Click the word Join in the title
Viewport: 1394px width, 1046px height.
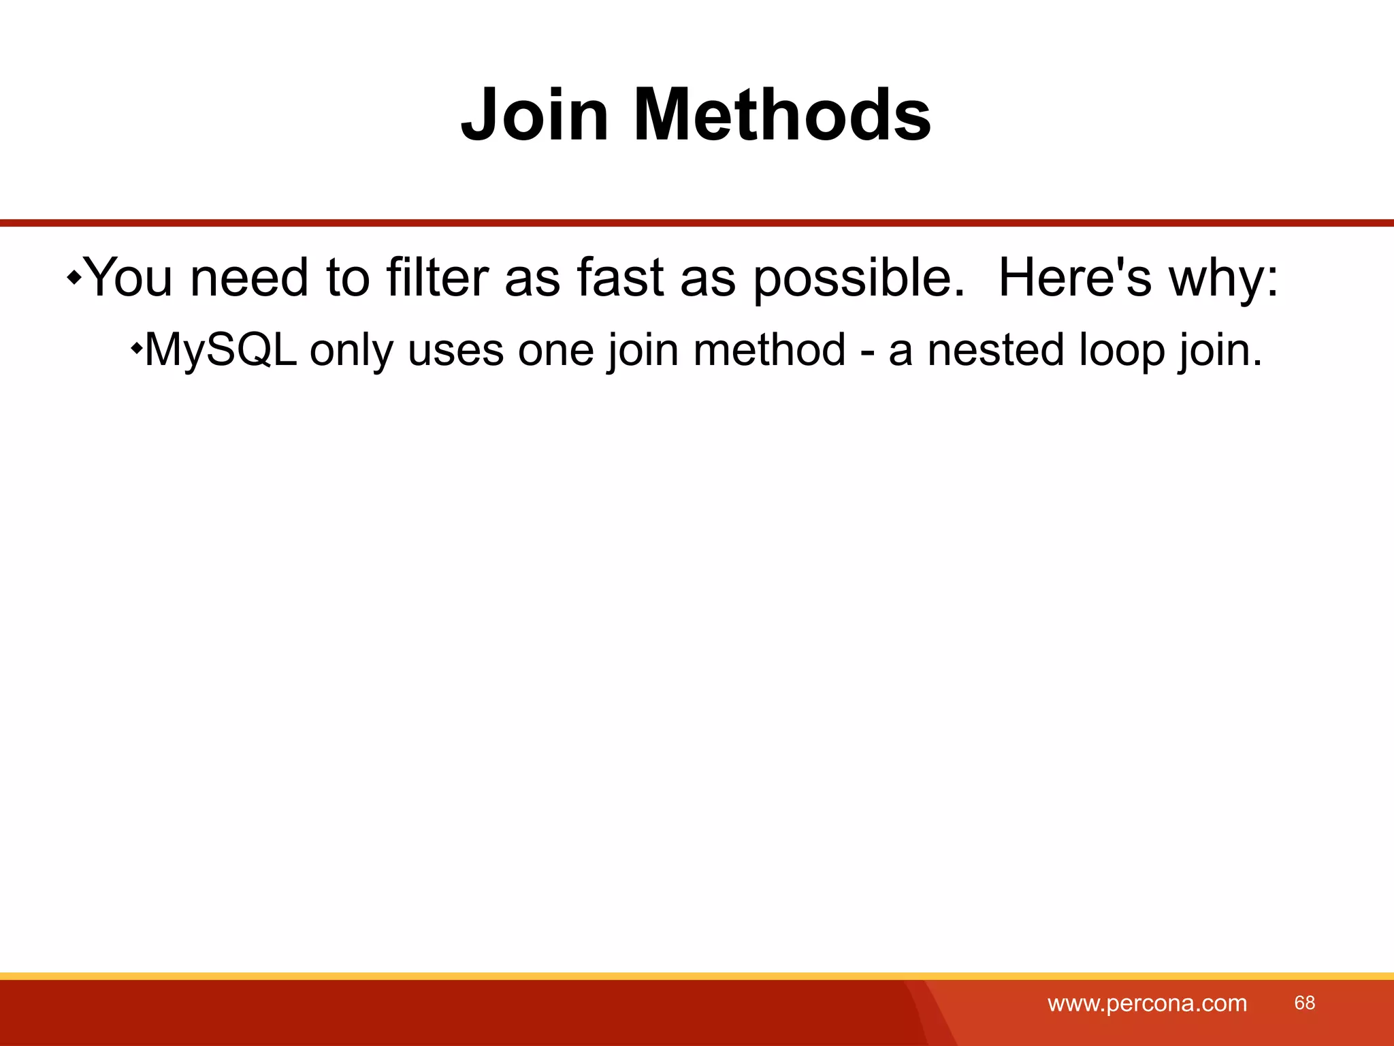coord(534,116)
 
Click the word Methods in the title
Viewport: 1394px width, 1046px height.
coord(782,116)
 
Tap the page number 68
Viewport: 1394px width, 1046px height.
coord(1304,1002)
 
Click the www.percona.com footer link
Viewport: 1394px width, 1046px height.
coord(1147,1003)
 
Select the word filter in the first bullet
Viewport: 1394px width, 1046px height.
coord(438,277)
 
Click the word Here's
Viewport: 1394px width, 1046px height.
coord(1074,277)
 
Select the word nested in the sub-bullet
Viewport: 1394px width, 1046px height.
coord(995,350)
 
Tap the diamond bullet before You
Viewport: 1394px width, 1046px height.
coord(74,277)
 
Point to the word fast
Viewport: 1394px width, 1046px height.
coord(619,277)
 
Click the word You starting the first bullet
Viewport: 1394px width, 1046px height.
coord(130,277)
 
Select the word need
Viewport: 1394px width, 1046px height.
coord(249,277)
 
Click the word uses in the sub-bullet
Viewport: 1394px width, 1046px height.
coord(455,350)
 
